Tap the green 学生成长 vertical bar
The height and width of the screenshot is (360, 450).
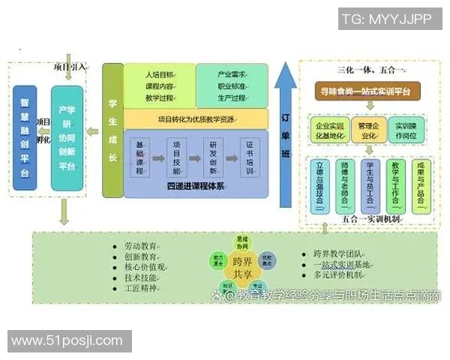point(112,131)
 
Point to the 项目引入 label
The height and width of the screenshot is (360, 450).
point(71,67)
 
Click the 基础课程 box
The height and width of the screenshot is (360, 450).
point(139,157)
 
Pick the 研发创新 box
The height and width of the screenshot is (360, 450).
point(214,157)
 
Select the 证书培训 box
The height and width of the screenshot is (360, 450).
point(250,157)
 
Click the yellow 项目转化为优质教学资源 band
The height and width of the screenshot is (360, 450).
point(196,118)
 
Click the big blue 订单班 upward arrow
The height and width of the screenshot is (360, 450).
point(285,135)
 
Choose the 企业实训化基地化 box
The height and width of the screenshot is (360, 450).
point(327,130)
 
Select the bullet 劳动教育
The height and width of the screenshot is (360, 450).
point(139,246)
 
